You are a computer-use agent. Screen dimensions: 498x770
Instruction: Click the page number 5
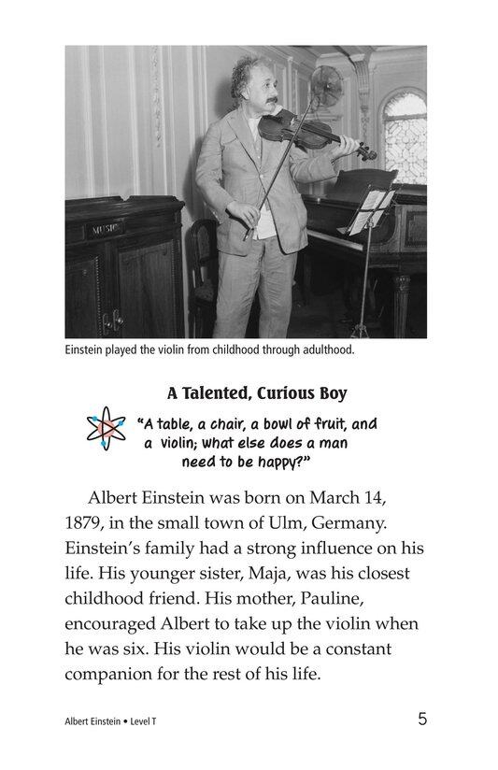click(422, 719)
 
